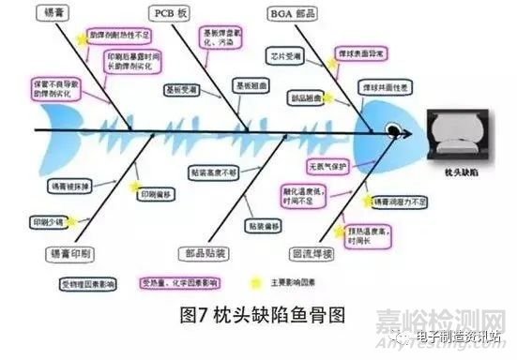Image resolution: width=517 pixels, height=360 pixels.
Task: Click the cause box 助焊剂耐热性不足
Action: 119,35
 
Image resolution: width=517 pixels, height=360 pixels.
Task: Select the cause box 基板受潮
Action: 181,90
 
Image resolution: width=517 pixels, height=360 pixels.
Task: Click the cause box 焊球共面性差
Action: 376,85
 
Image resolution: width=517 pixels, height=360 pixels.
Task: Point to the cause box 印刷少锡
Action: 47,222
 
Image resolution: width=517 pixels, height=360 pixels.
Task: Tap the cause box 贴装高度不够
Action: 215,173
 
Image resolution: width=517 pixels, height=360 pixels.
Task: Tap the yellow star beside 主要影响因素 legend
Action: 255,281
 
